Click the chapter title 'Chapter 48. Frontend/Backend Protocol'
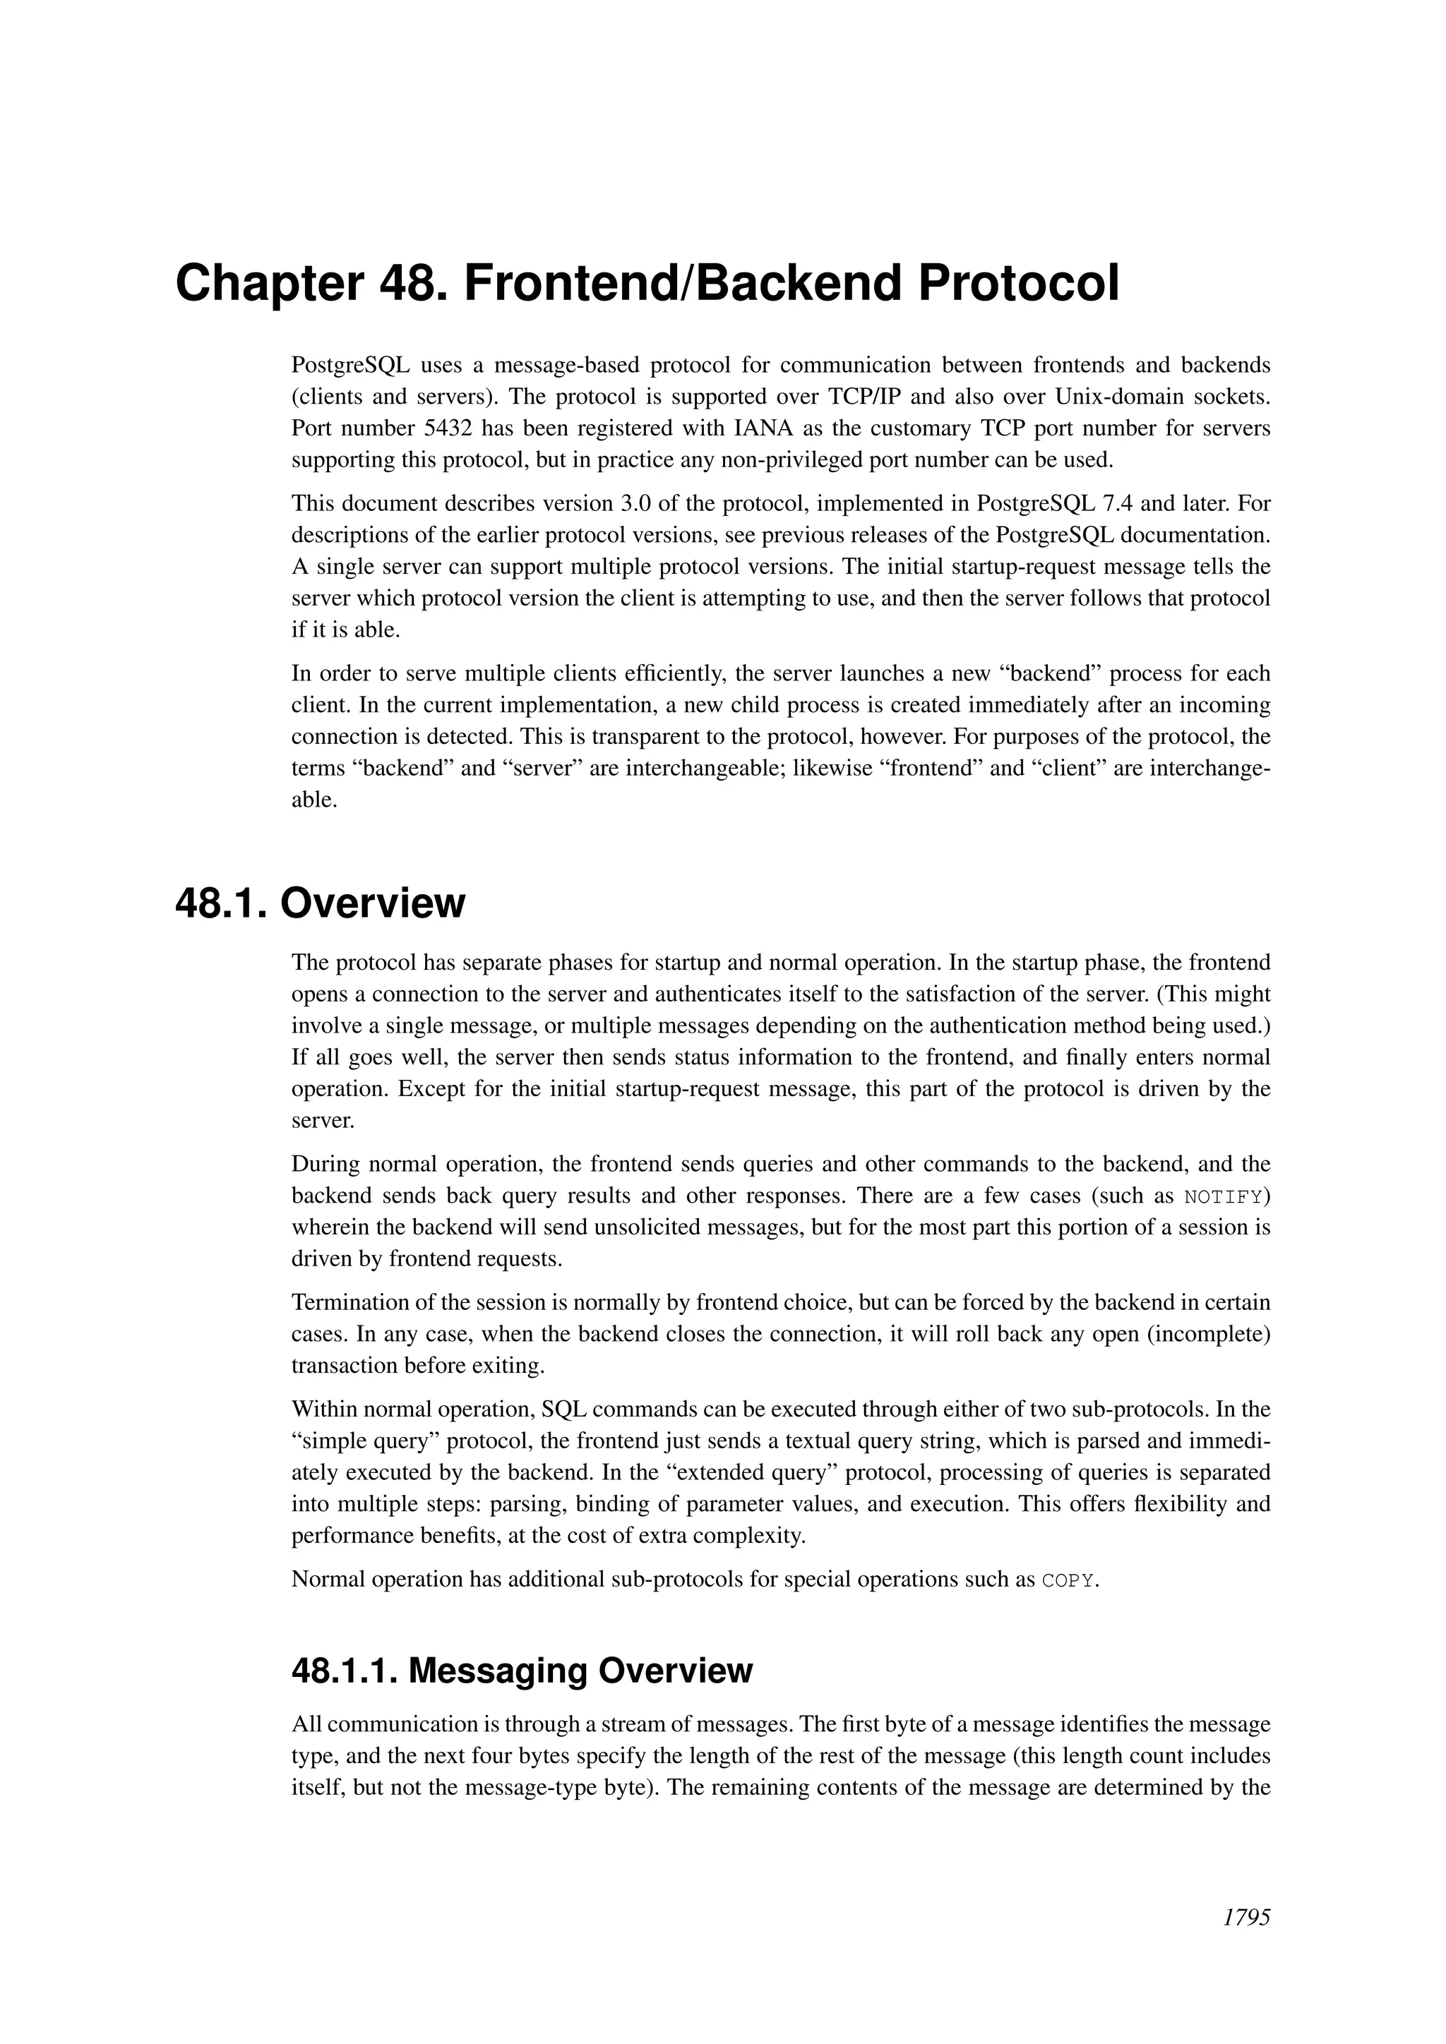click(647, 284)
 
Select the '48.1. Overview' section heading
click(321, 903)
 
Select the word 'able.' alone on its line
click(314, 800)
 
